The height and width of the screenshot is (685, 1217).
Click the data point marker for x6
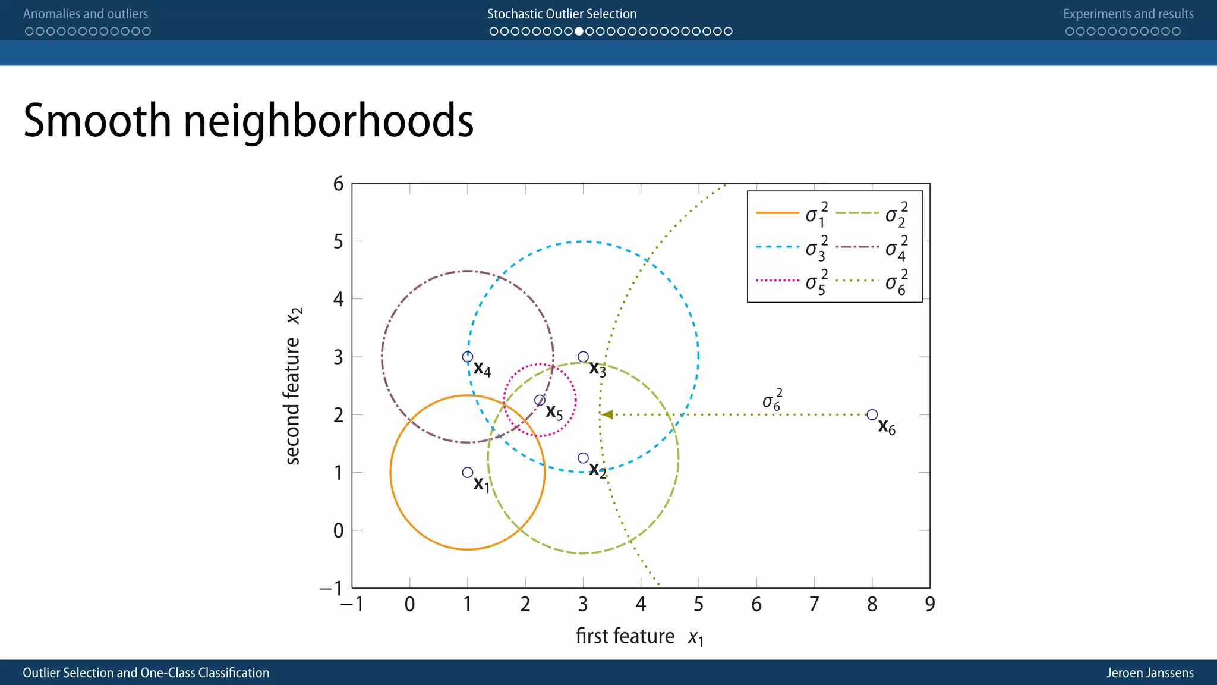872,414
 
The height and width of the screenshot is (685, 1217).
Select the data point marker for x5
540,400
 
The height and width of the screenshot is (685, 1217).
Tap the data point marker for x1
468,472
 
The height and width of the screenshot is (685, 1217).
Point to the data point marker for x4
468,357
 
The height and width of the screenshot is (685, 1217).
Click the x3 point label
597,369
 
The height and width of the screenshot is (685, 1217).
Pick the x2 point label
597,470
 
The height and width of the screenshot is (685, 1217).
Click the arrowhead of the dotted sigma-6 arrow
607,414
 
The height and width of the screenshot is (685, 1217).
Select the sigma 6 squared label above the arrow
772,400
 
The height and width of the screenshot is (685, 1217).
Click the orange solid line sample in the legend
777,213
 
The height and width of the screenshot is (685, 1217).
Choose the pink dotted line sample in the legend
777,280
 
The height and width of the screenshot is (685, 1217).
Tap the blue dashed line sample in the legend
777,247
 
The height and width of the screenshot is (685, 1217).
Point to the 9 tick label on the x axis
929,604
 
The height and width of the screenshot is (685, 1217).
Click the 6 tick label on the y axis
338,184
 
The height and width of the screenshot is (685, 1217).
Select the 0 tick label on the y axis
338,530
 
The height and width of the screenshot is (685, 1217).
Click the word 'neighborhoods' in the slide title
328,121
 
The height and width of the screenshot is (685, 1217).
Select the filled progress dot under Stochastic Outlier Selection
579,31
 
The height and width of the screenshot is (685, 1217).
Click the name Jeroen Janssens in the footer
1150,673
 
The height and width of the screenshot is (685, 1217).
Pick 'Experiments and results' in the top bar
1128,14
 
